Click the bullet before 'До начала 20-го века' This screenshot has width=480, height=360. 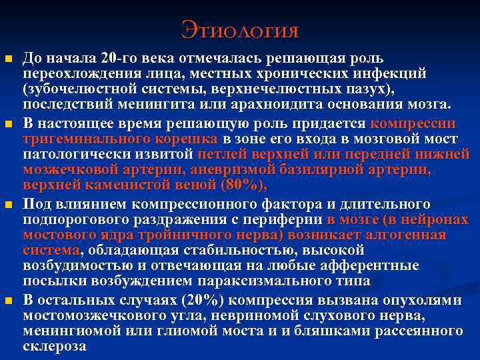[9, 61]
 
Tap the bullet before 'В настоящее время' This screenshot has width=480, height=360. [9, 125]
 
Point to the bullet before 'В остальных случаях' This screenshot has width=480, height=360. [9, 301]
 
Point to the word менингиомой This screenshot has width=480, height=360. [76, 331]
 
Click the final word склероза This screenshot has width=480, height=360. [54, 347]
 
